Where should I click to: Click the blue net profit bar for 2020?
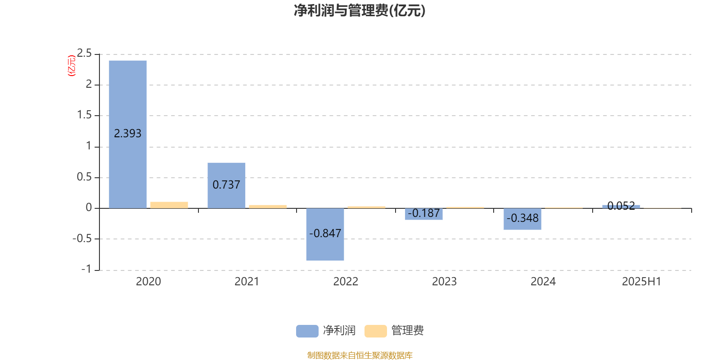[x=128, y=135]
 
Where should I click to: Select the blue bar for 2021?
[x=226, y=185]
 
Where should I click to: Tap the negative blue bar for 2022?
[x=325, y=234]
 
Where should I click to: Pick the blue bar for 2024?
[x=522, y=219]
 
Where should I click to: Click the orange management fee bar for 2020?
[x=169, y=205]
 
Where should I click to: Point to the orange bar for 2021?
[x=268, y=207]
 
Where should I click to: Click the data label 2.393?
[x=128, y=133]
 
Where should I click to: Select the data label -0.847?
[x=325, y=233]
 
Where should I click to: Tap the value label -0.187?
[x=423, y=213]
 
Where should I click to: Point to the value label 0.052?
[x=621, y=206]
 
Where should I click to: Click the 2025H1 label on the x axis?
[x=642, y=282]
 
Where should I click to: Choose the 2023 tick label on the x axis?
[x=444, y=282]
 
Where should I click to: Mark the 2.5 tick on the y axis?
[x=84, y=53]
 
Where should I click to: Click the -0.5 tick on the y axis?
[x=82, y=238]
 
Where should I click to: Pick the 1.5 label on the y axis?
[x=84, y=115]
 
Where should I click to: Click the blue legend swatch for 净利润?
[x=307, y=331]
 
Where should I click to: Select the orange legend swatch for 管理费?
[x=375, y=331]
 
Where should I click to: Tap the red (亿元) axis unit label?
[x=72, y=66]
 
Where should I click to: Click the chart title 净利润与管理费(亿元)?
[x=360, y=10]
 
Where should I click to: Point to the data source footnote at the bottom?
[x=360, y=355]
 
